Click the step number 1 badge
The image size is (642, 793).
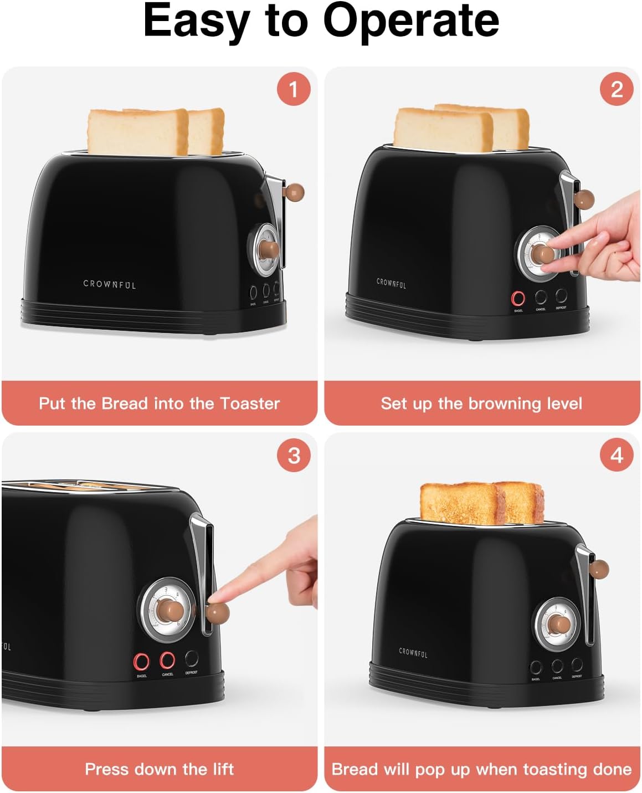pyautogui.click(x=294, y=89)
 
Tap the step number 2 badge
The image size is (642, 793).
pyautogui.click(x=617, y=89)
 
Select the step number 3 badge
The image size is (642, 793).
pyautogui.click(x=294, y=456)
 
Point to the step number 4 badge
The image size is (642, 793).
pyautogui.click(x=617, y=456)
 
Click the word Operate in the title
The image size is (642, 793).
pyautogui.click(x=410, y=21)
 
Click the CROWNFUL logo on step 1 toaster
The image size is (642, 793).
pyautogui.click(x=110, y=284)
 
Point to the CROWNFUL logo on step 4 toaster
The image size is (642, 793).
pyautogui.click(x=413, y=653)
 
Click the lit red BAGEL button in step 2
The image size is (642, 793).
pyautogui.click(x=518, y=299)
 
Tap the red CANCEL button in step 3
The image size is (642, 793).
pyautogui.click(x=167, y=660)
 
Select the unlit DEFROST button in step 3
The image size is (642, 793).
pyautogui.click(x=192, y=658)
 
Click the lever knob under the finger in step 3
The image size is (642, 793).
pyautogui.click(x=218, y=613)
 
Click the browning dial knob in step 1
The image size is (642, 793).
pyautogui.click(x=270, y=247)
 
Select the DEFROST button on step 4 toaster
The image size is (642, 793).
pyautogui.click(x=577, y=664)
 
